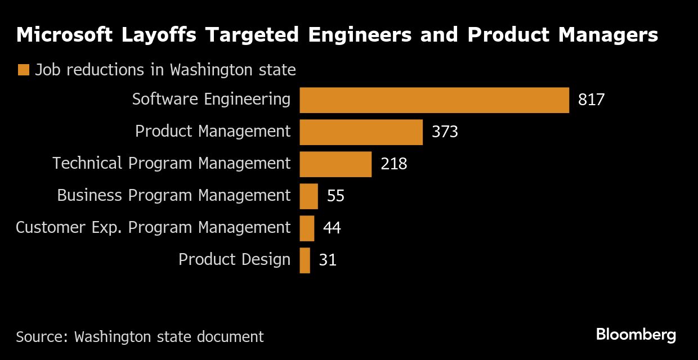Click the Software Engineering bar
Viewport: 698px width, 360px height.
[x=434, y=100]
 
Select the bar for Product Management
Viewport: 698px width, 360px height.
[x=361, y=132]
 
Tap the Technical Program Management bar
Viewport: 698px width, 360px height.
[x=335, y=164]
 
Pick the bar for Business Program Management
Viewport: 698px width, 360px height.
[x=308, y=196]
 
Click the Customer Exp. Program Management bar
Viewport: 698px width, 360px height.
[x=307, y=228]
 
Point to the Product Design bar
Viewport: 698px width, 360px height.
[x=305, y=260]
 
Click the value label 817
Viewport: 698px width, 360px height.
[x=591, y=100]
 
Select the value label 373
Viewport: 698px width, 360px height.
[x=445, y=132]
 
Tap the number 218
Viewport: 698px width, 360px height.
[x=393, y=164]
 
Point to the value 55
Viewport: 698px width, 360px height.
[x=335, y=196]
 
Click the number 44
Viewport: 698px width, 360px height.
[x=332, y=228]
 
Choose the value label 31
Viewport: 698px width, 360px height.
[x=328, y=260]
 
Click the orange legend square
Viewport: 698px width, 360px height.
[x=23, y=70]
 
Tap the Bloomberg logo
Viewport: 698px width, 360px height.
[x=636, y=335]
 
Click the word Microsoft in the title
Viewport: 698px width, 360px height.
[x=63, y=35]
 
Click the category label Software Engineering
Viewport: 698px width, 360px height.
[x=211, y=100]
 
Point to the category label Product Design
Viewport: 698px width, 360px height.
[x=234, y=260]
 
